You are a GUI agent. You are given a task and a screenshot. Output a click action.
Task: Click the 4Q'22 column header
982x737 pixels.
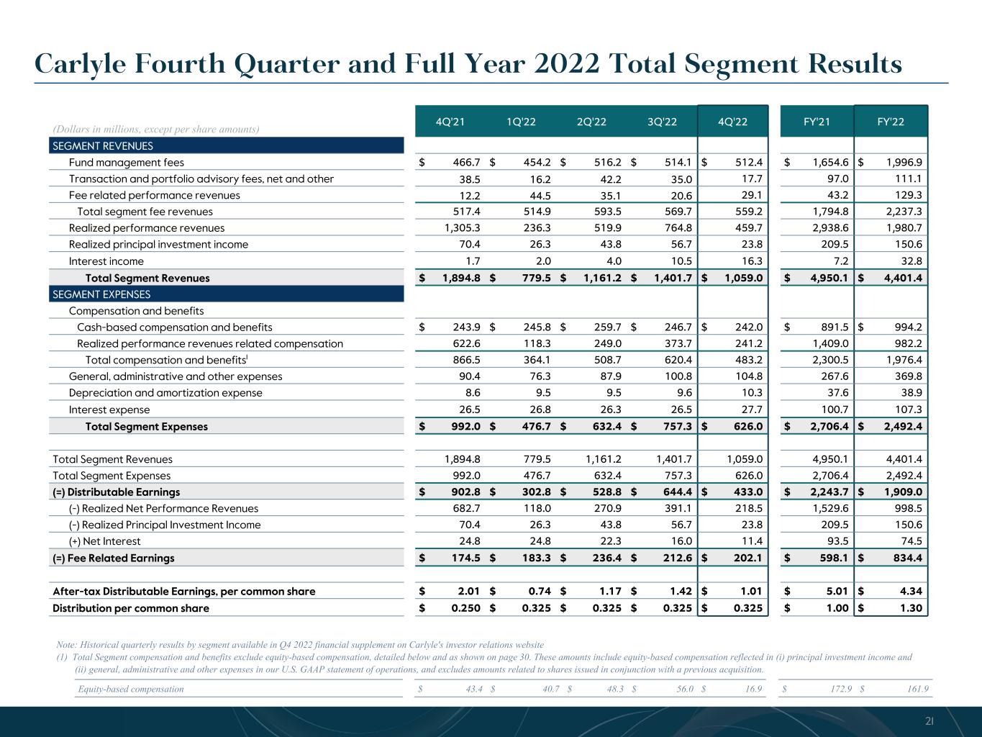tap(733, 122)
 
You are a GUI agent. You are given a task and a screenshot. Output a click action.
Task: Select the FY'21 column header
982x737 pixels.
tap(817, 122)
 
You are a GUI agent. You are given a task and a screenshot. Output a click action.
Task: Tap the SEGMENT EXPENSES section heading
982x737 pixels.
tap(101, 294)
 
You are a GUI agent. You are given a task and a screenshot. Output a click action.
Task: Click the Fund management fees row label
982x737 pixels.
tap(126, 163)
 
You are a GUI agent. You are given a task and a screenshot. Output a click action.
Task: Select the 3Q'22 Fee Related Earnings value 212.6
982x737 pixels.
tap(676, 558)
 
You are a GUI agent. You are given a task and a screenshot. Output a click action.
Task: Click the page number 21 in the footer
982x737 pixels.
tap(929, 721)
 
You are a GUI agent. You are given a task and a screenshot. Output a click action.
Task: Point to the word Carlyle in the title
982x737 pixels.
tap(78, 65)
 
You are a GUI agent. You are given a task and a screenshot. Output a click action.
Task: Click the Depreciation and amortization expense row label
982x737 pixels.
tap(165, 393)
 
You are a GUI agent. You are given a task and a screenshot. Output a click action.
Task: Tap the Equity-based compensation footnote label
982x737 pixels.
tap(130, 689)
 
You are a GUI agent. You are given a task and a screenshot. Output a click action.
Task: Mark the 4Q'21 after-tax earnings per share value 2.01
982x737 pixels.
tap(468, 592)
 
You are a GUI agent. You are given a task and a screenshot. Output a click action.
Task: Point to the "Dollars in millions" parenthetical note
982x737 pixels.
tap(155, 129)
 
